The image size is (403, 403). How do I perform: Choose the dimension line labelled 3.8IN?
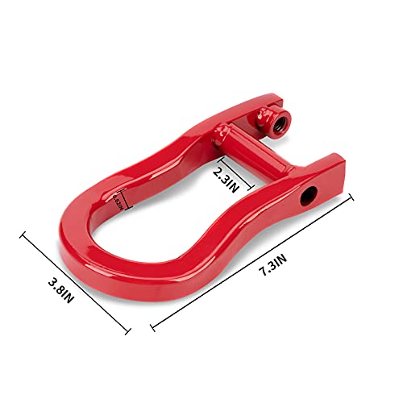click(x=76, y=281)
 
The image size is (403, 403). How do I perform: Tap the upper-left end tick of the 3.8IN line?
click(x=24, y=235)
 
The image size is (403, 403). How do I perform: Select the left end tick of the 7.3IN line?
click(x=152, y=329)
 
